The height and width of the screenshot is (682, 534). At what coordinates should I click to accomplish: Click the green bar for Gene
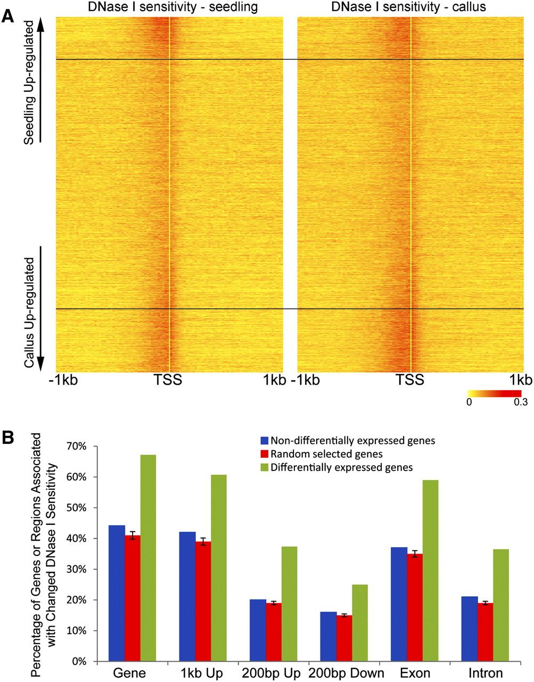(148, 558)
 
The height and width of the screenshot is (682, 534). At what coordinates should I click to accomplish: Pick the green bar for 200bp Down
(360, 622)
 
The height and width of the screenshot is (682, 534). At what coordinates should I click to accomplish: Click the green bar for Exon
(430, 571)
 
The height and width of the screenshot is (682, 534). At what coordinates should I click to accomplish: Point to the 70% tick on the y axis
(96, 446)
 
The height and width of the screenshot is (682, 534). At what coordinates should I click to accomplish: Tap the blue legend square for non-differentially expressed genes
(264, 441)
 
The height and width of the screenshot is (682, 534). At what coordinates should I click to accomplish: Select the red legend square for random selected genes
(264, 454)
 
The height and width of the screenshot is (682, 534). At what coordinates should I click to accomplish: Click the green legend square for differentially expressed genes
(264, 467)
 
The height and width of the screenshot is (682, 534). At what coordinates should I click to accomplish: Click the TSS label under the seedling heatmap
(168, 380)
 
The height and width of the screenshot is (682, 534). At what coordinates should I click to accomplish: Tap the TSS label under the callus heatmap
(410, 380)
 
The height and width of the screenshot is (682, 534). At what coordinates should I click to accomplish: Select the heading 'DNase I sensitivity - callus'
(408, 7)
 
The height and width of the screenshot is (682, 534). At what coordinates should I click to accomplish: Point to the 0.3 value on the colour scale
(520, 402)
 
